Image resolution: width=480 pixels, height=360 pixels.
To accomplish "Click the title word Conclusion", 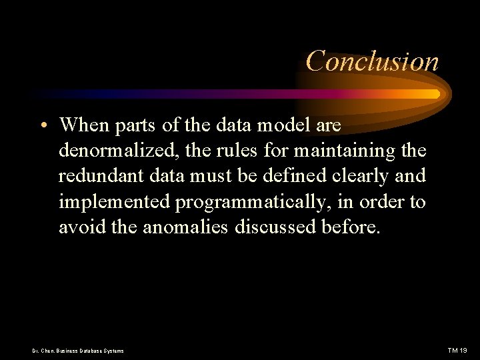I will pyautogui.click(x=372, y=61).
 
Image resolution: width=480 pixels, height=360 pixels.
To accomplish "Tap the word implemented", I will pyautogui.click(x=114, y=202).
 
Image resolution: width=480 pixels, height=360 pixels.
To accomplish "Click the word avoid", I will pyautogui.click(x=77, y=227).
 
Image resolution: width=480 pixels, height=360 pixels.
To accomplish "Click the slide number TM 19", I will pyautogui.click(x=457, y=350).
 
